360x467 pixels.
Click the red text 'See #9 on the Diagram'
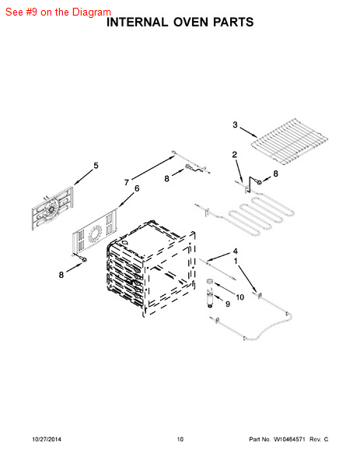coord(58,12)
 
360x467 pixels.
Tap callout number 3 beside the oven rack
coord(235,125)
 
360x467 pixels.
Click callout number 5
coord(96,166)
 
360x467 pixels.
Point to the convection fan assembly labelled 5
coord(52,209)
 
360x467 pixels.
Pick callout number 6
coord(137,188)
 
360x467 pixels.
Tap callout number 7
coord(127,182)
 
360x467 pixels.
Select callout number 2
coord(235,155)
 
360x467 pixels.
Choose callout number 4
coord(235,251)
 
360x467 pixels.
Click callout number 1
coord(236,262)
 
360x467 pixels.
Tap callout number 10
coord(239,297)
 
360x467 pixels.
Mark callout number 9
coord(228,304)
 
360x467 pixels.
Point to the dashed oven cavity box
coord(151,268)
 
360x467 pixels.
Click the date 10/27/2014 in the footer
coord(47,439)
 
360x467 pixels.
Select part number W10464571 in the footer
coord(289,439)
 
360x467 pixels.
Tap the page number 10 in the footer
coord(180,439)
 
